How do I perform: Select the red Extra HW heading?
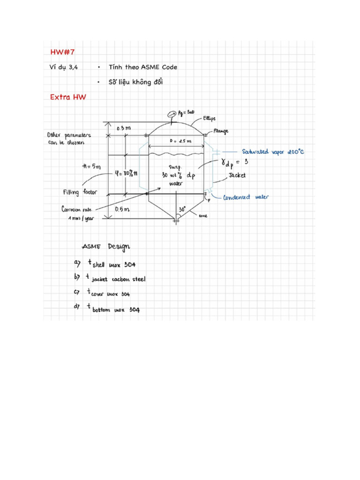(68, 97)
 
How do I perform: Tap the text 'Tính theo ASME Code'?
(142, 67)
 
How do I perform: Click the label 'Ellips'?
(209, 119)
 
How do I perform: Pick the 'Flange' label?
(221, 131)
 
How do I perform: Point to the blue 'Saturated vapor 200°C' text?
(273, 152)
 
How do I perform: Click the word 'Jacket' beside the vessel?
(237, 176)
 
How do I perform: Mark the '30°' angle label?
(182, 209)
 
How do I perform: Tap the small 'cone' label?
(203, 216)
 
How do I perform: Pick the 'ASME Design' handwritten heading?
(106, 247)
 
